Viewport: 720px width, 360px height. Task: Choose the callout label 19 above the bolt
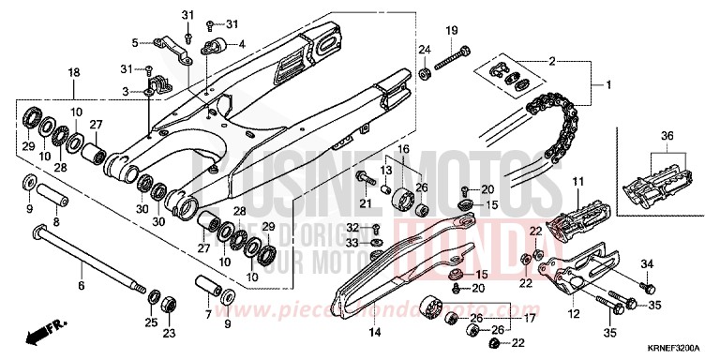(x=451, y=31)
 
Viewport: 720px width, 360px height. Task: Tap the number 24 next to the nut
(x=424, y=49)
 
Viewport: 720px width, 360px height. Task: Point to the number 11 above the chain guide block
(x=578, y=180)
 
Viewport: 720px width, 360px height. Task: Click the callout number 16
(x=404, y=149)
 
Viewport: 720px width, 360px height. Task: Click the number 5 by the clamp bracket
(x=135, y=42)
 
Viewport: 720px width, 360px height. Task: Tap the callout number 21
(x=364, y=203)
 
